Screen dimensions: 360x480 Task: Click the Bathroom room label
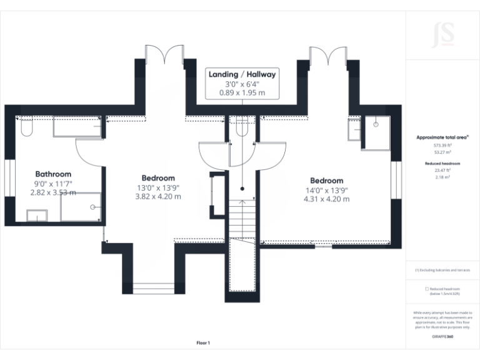[x=53, y=174]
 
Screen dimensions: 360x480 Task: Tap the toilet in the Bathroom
[x=25, y=127]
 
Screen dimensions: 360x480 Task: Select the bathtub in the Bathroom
[x=77, y=127]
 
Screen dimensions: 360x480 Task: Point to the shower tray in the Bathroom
[x=81, y=207]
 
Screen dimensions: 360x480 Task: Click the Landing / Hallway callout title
[x=242, y=74]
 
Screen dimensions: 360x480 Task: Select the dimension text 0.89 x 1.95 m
[x=242, y=92]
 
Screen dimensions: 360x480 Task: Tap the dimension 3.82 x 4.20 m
[x=158, y=196]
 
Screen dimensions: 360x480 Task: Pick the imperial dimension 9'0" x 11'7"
[x=53, y=184]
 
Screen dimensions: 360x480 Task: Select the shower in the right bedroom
[x=376, y=131]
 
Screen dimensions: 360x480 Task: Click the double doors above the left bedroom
[x=164, y=55]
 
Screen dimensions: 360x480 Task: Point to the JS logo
[x=442, y=36]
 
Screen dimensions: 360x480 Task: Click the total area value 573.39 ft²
[x=442, y=144]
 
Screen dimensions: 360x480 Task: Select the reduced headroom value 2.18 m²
[x=442, y=177]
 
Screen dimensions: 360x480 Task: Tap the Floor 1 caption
[x=203, y=342]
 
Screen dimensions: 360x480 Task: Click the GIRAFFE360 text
[x=442, y=337]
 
